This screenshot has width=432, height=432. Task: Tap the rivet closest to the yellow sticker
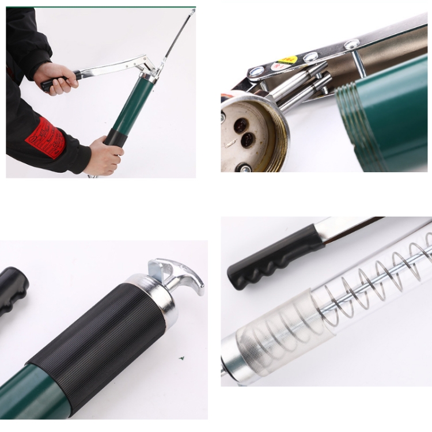click(311, 56)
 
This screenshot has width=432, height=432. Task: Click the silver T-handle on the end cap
click(179, 276)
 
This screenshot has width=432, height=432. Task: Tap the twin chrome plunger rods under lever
click(300, 86)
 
